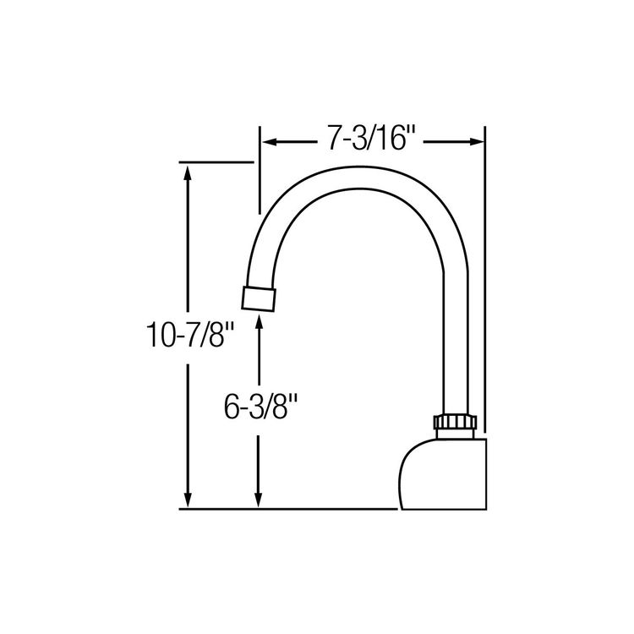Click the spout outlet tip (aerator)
pyautogui.click(x=260, y=298)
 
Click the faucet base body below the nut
pyautogui.click(x=444, y=473)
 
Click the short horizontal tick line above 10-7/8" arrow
pyautogui.click(x=216, y=161)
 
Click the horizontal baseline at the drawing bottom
pyautogui.click(x=287, y=510)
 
